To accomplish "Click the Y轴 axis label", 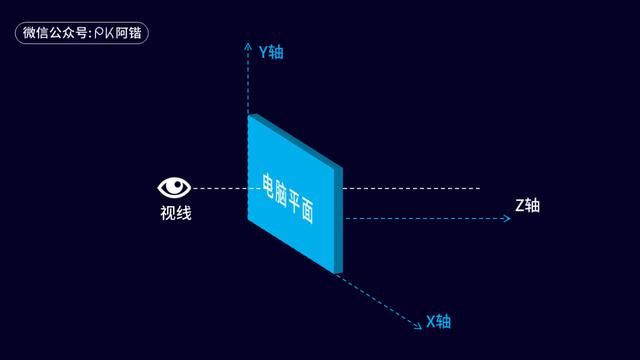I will coord(270,51).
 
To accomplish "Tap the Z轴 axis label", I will coord(527,205).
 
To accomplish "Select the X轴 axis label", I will coord(439,321).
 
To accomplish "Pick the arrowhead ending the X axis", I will coord(417,323).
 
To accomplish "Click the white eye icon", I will coord(175,187).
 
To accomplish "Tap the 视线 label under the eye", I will coord(175,212).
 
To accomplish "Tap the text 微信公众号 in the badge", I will coord(55,33).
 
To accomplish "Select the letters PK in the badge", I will coord(104,33).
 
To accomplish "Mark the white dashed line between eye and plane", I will coord(220,188).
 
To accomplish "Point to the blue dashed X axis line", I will coord(380,299).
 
